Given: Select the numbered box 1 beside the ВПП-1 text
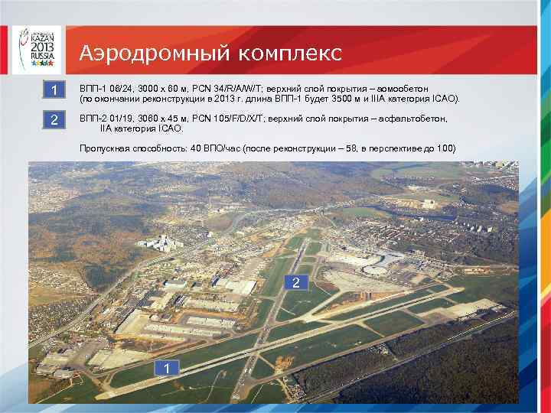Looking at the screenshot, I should coord(54,92).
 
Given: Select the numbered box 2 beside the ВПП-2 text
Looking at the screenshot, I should coord(54,121).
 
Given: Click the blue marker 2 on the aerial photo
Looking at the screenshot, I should coord(296,284).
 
